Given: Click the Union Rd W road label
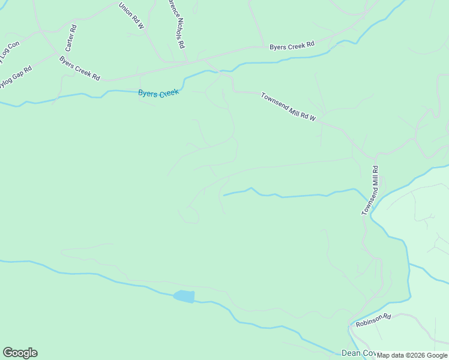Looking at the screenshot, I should (x=131, y=16).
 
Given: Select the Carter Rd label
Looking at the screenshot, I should (x=71, y=37).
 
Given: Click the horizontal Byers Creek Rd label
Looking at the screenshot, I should (x=292, y=46).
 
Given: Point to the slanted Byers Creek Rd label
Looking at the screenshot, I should (x=79, y=68).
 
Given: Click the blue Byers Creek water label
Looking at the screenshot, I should (x=158, y=94).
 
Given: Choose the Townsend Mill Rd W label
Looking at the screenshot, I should (x=288, y=107).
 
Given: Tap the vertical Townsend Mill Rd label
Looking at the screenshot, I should (x=370, y=191).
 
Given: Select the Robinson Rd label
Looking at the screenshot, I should (x=373, y=320).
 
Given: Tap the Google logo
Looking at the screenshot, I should (x=20, y=353).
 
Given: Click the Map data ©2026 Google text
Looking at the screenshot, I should (x=412, y=355).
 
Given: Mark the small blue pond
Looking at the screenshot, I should (x=184, y=296).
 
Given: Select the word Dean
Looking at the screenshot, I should (x=351, y=353).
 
